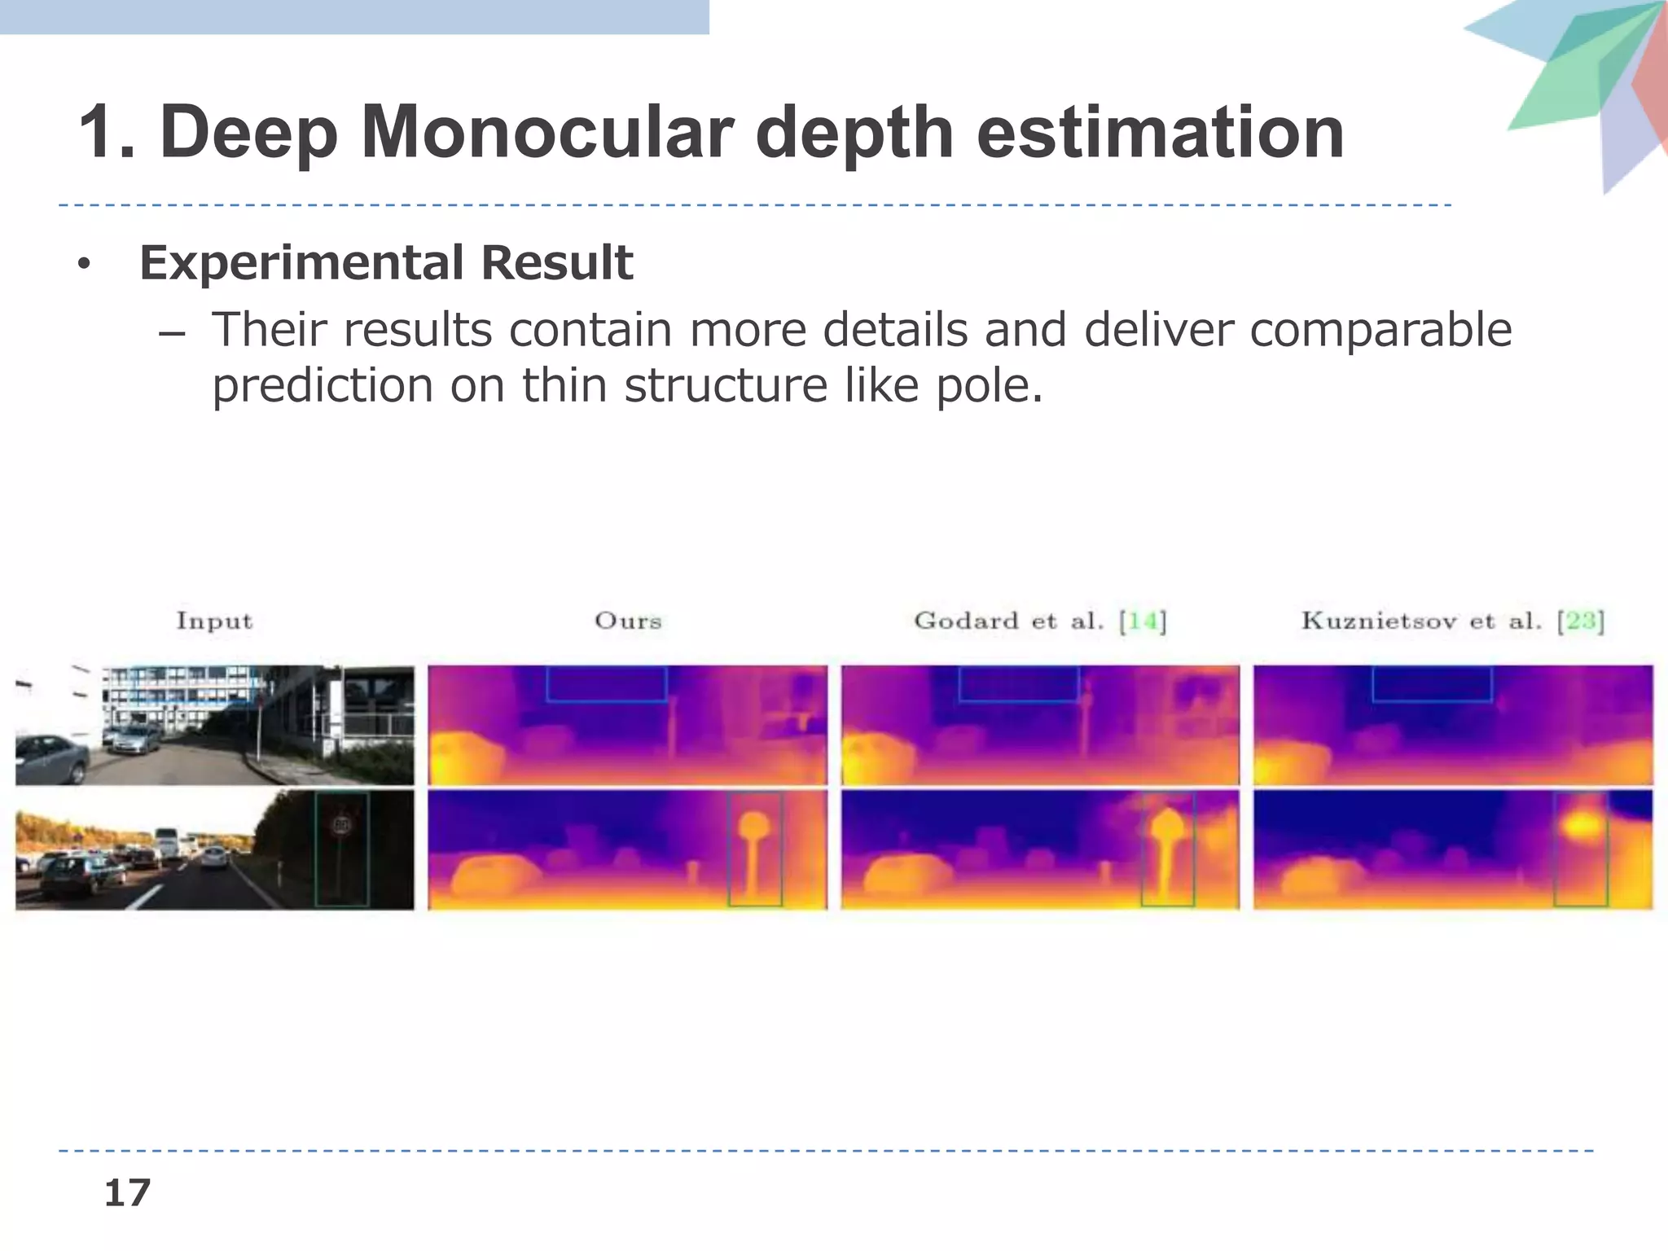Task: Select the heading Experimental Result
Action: tap(385, 262)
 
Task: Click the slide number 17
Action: tap(127, 1193)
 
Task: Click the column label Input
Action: tap(214, 621)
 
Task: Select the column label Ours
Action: tap(627, 621)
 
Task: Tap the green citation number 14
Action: tap(1143, 621)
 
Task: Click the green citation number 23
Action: tap(1580, 621)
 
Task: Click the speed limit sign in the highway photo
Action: tap(341, 826)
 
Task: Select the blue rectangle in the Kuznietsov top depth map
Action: tap(1432, 684)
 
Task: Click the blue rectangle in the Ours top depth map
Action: tap(607, 684)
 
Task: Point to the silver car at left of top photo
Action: tap(50, 758)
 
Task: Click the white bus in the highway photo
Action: tap(167, 842)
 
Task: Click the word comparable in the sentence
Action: tap(1380, 330)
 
